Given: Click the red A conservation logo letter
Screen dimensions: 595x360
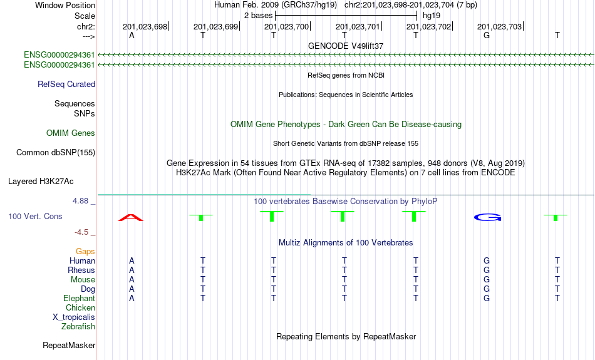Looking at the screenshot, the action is (131, 217).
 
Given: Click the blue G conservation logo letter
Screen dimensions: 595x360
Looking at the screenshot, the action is (488, 217).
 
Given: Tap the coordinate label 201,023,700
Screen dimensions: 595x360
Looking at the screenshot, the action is (286, 26).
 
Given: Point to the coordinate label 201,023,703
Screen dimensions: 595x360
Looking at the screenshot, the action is (499, 26).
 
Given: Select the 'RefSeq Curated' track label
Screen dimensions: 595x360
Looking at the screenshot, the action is (66, 85).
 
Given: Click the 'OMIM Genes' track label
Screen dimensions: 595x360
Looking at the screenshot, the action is (71, 133).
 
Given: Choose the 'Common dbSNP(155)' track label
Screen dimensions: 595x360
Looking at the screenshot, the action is (56, 153).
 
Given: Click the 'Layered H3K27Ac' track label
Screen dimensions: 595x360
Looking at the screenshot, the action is (41, 182).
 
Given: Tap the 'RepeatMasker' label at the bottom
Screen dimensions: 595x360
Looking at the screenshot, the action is (69, 345).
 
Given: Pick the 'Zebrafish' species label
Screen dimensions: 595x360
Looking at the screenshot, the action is (78, 326).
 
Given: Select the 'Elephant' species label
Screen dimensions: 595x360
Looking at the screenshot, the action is (79, 298).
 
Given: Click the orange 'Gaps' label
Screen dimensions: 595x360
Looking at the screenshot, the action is (85, 251).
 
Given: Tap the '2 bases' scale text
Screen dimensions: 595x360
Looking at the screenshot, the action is (259, 16).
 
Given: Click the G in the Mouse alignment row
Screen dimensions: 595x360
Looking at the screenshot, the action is (487, 280).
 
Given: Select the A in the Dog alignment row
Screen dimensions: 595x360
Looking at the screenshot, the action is (132, 289).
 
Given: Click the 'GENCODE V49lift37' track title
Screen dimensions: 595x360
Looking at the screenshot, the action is (346, 46).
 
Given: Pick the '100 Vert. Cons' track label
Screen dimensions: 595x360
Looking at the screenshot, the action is (35, 216).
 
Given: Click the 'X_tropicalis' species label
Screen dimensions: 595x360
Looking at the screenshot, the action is (74, 317).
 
